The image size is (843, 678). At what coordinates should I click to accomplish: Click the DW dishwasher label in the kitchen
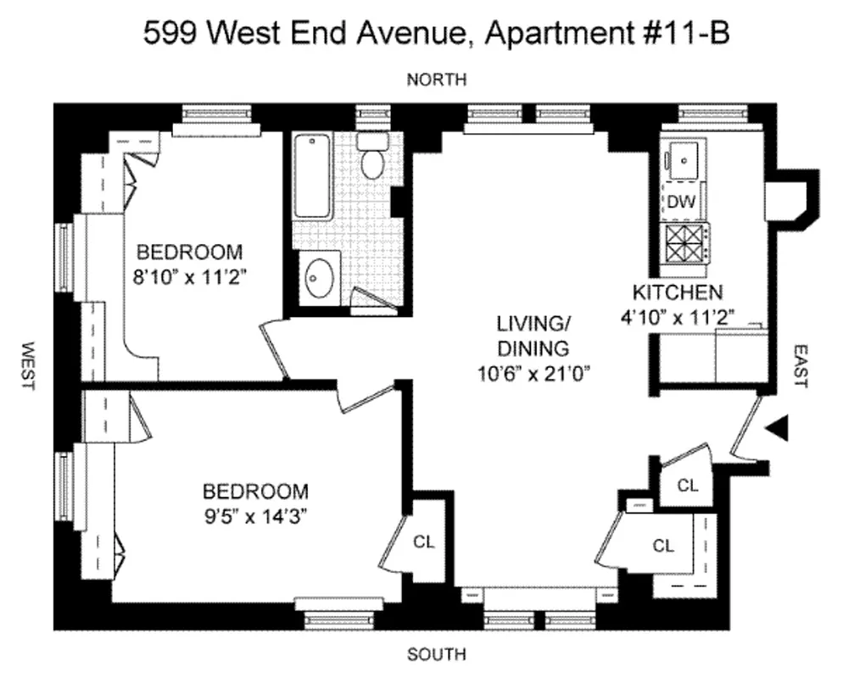click(681, 203)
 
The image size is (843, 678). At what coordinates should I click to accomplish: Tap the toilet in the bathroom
click(371, 158)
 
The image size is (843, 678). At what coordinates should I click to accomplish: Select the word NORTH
click(436, 80)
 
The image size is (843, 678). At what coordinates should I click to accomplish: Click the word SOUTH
click(436, 654)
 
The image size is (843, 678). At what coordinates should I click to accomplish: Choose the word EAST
click(799, 365)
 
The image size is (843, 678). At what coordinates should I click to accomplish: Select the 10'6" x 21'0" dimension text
click(532, 370)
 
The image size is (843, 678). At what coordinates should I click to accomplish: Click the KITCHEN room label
click(678, 293)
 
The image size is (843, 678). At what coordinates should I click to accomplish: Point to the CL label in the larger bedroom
click(424, 542)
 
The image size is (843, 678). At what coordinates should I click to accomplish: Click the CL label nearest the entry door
click(688, 486)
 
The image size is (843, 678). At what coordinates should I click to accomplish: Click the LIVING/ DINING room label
click(532, 335)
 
